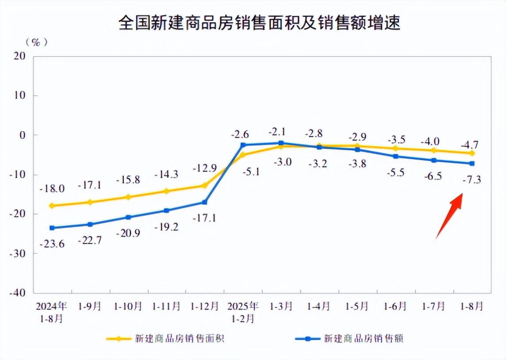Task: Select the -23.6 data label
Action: click(x=52, y=244)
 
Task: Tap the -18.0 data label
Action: click(x=52, y=189)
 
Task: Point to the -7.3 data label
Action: click(x=471, y=179)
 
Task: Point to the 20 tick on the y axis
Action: click(x=20, y=56)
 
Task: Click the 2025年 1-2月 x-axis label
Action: click(x=243, y=311)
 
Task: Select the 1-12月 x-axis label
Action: click(x=204, y=306)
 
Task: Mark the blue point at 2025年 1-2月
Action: click(x=243, y=145)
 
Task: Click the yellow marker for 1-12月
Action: click(x=204, y=185)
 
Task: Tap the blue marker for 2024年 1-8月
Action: click(x=52, y=228)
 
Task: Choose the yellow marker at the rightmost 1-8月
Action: click(x=472, y=153)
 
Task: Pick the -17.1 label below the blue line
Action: click(x=204, y=218)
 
